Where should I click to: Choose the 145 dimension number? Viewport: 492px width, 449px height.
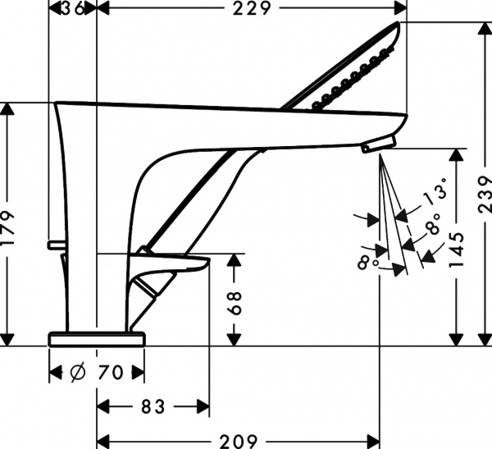click(457, 250)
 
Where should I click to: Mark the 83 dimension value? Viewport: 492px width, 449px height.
click(153, 405)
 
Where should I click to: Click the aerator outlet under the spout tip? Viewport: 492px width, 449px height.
click(376, 146)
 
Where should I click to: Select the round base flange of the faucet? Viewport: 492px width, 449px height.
click(97, 337)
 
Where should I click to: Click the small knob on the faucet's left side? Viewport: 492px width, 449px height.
click(53, 244)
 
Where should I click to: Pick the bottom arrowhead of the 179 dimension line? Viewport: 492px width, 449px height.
click(9, 340)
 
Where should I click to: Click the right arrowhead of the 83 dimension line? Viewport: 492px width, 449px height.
click(204, 405)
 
